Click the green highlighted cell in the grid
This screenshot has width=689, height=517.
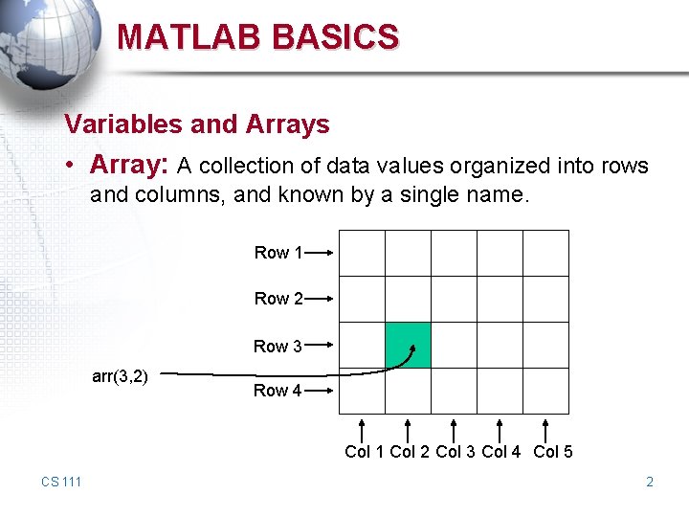[x=409, y=345]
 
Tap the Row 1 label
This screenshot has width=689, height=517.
[x=278, y=253]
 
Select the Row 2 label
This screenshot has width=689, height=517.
[x=278, y=299]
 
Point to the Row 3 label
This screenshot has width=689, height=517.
[x=278, y=347]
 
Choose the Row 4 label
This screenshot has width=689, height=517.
[x=278, y=391]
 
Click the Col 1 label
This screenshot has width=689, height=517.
[x=365, y=452]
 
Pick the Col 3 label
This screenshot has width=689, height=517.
[x=456, y=452]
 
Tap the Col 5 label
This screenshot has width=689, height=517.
[x=553, y=452]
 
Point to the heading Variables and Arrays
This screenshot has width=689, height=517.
[x=196, y=124]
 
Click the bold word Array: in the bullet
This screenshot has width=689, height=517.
[x=129, y=166]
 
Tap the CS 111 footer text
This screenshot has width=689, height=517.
[x=61, y=482]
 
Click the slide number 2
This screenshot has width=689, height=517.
[x=650, y=482]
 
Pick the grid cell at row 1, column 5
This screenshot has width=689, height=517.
[x=545, y=253]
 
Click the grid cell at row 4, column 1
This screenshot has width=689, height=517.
[x=363, y=391]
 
